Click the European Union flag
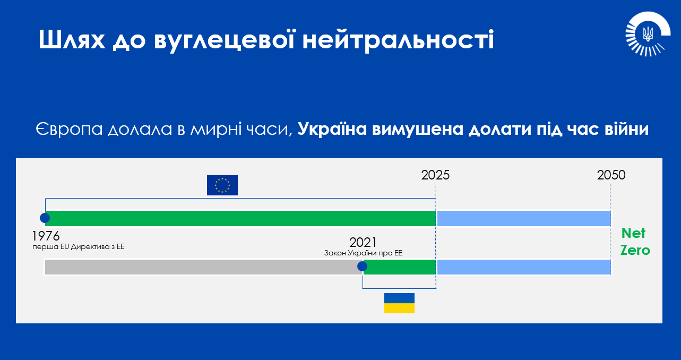(222, 185)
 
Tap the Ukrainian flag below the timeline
(399, 303)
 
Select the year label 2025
(435, 175)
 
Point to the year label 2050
(611, 175)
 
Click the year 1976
(46, 236)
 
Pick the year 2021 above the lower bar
(363, 243)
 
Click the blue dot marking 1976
(45, 218)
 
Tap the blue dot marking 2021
(362, 267)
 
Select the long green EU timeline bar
(240, 218)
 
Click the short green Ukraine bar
(400, 267)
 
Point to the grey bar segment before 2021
(203, 267)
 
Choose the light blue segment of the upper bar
(523, 218)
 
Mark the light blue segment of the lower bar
(523, 267)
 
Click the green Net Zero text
(635, 242)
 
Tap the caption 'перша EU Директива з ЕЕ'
(79, 247)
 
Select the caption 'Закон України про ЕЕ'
(363, 253)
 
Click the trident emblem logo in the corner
(648, 34)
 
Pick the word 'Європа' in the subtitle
(69, 130)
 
